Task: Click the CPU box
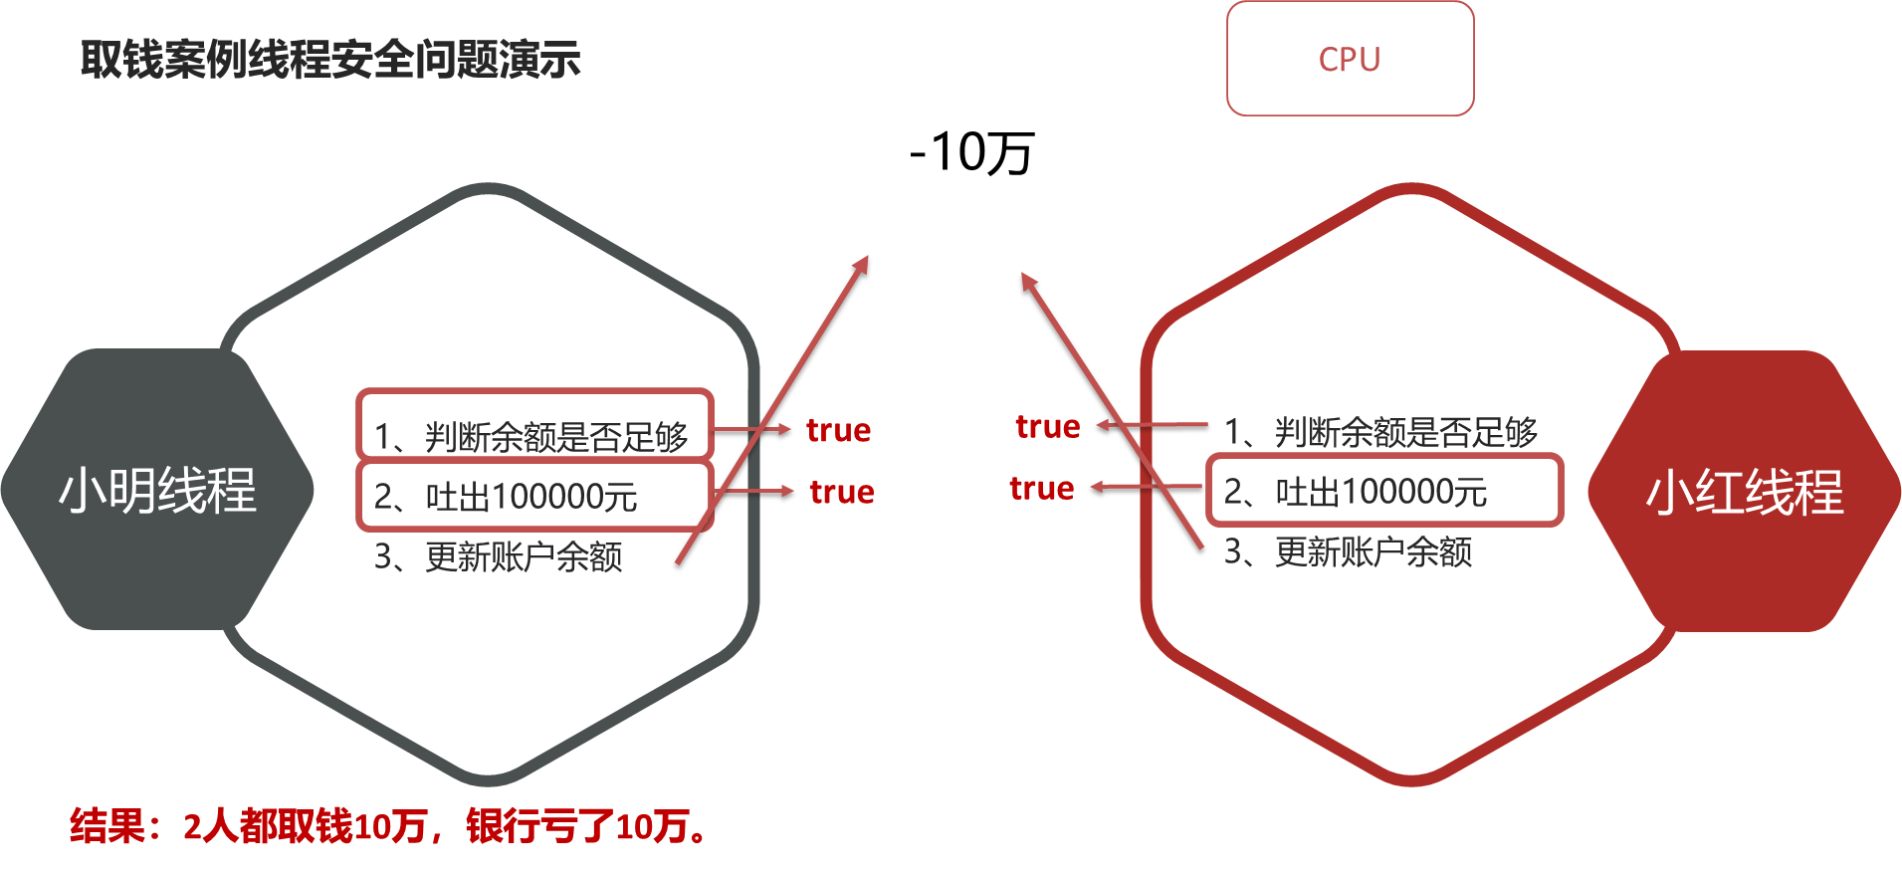(x=1350, y=59)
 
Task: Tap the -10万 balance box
(x=957, y=153)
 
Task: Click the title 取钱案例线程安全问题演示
(x=330, y=60)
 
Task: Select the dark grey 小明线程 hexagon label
(x=157, y=490)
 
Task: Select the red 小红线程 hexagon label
(x=1745, y=492)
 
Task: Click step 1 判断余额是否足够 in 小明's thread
(x=531, y=435)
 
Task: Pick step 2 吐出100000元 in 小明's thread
(x=507, y=495)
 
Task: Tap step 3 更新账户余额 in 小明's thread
(x=498, y=555)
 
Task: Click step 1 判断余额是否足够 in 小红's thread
(x=1380, y=431)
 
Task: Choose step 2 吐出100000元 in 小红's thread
(x=1356, y=491)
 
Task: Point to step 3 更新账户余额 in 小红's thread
(x=1348, y=550)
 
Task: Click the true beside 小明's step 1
(x=838, y=430)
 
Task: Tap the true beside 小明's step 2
(x=842, y=492)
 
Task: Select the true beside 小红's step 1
(x=1047, y=426)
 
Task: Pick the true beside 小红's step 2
(x=1041, y=488)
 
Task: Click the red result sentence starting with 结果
(x=388, y=826)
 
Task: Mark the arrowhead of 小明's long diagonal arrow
(x=864, y=263)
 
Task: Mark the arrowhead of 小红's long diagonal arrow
(x=1027, y=280)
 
